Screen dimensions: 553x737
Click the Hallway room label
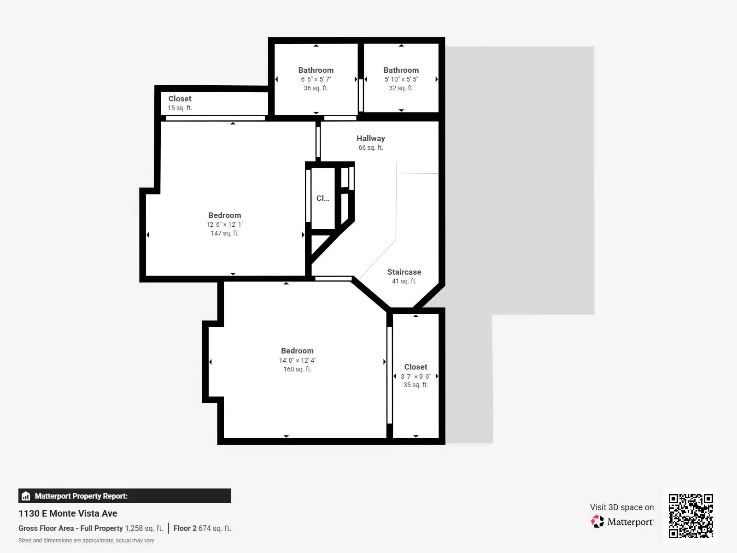point(370,138)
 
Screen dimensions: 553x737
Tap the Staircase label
point(404,272)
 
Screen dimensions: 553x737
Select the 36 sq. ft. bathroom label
point(316,70)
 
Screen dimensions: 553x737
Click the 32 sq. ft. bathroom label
point(401,70)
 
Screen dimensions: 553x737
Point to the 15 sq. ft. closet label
point(180,99)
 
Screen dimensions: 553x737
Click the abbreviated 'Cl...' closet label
point(322,198)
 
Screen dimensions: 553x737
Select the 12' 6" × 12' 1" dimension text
point(224,224)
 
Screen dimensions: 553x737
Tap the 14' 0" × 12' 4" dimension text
point(297,360)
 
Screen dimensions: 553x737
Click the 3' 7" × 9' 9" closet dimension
point(415,377)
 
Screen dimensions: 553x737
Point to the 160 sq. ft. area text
point(297,369)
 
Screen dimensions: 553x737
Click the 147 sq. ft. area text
point(224,233)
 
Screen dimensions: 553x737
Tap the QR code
point(690,516)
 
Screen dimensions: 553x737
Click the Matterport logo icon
point(597,522)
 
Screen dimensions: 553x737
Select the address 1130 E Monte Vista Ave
point(68,513)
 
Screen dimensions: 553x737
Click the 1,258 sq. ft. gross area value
point(144,528)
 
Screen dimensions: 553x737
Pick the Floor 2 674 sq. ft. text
point(202,528)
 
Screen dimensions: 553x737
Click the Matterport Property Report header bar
point(124,496)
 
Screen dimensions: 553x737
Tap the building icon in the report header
point(26,496)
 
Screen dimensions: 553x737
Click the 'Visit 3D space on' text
point(621,507)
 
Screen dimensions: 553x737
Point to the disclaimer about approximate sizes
point(86,541)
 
